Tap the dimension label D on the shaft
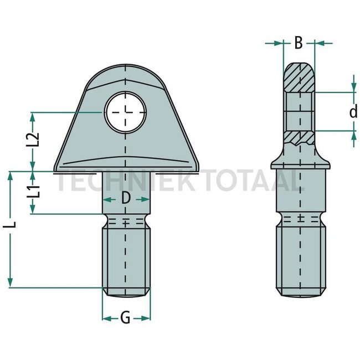tap(126, 197)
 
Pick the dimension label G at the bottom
tap(126, 318)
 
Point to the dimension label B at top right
tap(298, 43)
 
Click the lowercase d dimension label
tap(353, 112)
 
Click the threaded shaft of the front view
tap(126, 258)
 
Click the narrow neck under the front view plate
tap(126, 188)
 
